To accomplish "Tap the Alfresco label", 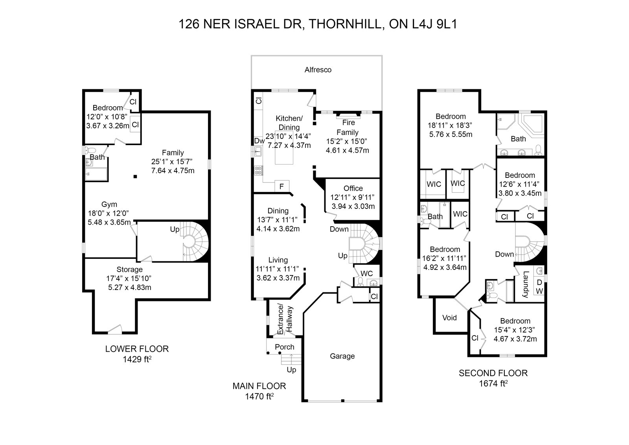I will pos(318,70).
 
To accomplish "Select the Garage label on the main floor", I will pos(342,356).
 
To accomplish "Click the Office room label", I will pos(353,188).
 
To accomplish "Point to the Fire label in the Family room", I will pos(348,123).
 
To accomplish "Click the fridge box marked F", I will pos(281,186).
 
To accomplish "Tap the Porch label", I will pos(285,347).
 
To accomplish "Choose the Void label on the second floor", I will pos(449,317).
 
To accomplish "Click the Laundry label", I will pos(526,284).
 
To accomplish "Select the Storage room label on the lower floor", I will pos(129,270).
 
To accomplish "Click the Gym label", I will pos(109,204).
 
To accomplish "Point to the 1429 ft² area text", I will pos(137,359).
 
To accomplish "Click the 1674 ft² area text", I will pos(493,383).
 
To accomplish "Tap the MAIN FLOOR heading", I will pos(259,386).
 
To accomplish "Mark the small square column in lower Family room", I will pos(135,177).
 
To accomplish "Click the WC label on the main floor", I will pos(366,273).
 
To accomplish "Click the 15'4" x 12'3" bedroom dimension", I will pos(515,330).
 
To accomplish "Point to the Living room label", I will pos(278,260).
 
